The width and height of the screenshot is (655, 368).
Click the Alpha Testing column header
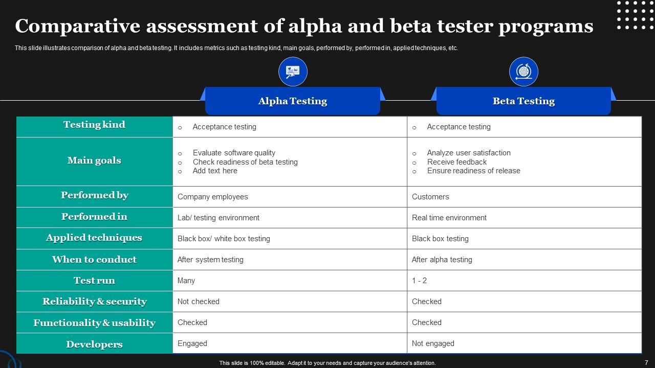pos(292,101)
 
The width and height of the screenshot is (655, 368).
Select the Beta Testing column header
pos(523,101)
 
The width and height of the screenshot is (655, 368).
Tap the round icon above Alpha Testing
pos(293,72)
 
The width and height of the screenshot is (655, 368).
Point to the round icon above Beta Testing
pos(523,72)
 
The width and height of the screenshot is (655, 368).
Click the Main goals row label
pos(94,160)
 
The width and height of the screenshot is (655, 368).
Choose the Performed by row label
pos(94,195)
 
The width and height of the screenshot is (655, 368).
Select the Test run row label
pos(94,281)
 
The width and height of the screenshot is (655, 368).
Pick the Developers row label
pos(94,344)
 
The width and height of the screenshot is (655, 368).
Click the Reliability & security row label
pos(94,302)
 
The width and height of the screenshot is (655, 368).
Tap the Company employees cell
pos(213,197)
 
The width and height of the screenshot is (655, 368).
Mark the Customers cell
pos(430,197)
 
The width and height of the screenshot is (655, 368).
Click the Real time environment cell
pos(449,218)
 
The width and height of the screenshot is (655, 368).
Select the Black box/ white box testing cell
pos(224,239)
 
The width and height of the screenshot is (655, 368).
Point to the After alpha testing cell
pos(442,260)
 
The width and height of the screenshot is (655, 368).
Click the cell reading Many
pos(186,281)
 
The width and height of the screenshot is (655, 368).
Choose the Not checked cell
pos(199,302)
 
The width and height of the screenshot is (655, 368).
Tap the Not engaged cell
pos(433,343)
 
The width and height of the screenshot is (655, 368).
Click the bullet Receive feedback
pos(457,162)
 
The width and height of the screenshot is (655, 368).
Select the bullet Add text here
pos(215,171)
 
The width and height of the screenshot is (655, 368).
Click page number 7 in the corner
pos(646,362)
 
